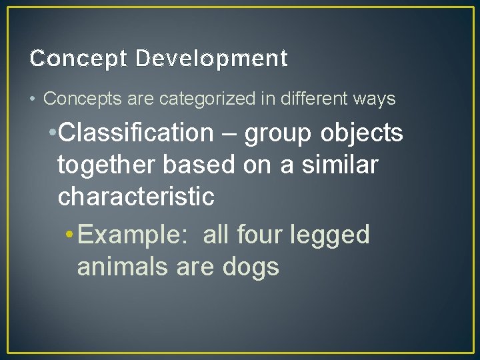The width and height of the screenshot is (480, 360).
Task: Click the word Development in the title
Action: (211, 59)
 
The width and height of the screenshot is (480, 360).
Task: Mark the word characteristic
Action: (136, 197)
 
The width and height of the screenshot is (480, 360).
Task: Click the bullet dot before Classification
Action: (53, 134)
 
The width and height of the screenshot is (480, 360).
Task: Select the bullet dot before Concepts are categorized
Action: (33, 100)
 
